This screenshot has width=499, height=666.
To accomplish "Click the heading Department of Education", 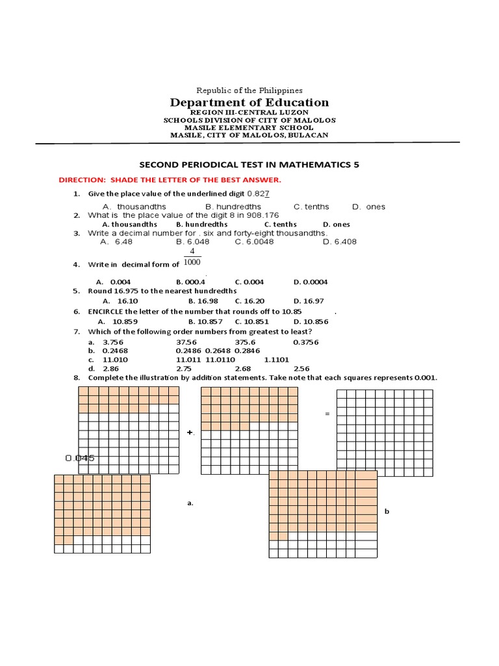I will (x=249, y=102).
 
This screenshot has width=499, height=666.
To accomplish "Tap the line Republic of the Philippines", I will (x=249, y=90).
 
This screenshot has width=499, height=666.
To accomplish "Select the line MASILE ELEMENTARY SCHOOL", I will (x=249, y=127).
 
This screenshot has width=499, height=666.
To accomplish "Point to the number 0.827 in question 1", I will (x=258, y=194).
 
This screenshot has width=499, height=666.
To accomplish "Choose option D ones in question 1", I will (x=368, y=207).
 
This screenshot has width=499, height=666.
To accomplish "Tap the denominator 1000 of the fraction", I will (x=192, y=262).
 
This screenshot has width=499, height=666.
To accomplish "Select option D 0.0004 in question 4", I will (x=311, y=282).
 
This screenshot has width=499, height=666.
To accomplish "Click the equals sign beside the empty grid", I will (x=327, y=414).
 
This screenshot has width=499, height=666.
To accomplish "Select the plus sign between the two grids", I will (x=190, y=432).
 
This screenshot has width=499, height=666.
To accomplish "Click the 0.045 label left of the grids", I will (x=80, y=458).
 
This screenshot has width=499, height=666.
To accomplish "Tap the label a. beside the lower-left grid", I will (x=190, y=503).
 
